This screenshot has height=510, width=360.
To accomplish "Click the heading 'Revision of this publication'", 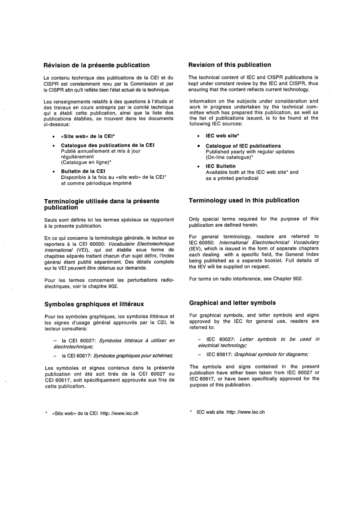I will point(230,65).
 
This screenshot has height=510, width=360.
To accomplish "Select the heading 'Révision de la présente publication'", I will point(97,65).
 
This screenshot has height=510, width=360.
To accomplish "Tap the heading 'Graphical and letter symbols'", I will point(232,303).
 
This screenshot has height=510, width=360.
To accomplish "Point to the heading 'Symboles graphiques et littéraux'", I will point(94,304).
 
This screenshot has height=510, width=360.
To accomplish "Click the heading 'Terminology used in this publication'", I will point(244,201).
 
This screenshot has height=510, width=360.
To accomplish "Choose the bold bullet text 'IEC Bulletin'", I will point(221,166).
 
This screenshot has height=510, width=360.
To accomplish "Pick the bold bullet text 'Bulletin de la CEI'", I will point(83,171).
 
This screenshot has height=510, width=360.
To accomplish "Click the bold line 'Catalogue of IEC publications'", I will point(243,146).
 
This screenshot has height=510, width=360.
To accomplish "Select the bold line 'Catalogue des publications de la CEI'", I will point(108,145).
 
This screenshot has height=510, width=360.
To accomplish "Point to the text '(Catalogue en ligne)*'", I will point(86,162).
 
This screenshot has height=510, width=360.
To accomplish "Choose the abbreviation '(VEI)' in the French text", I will point(83,250).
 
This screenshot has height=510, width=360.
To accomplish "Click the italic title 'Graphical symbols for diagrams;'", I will point(271,355).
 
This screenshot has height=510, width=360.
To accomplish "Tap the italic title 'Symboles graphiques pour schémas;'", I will point(133,356).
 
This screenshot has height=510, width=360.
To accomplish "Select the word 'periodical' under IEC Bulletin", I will point(246,178).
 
